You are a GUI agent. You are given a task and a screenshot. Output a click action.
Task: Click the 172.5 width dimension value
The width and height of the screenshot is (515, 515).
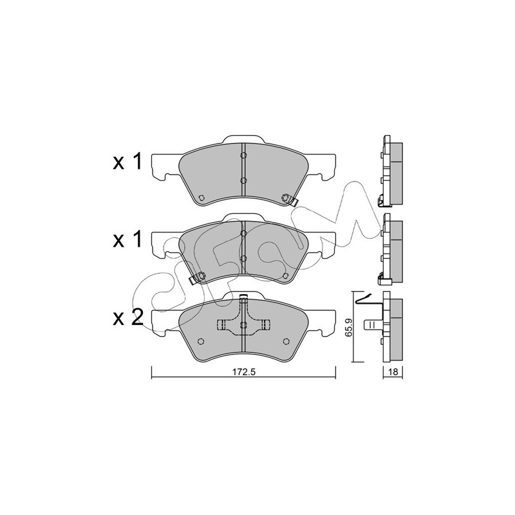click(244, 372)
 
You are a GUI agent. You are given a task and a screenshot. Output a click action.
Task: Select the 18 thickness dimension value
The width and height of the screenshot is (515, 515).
click(393, 372)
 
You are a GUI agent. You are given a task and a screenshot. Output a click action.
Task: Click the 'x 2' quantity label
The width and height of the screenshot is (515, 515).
click(128, 318)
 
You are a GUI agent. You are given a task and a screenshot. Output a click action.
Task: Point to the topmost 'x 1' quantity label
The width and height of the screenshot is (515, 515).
click(127, 162)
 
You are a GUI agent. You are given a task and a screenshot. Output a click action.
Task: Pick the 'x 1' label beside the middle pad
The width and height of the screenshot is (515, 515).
click(127, 239)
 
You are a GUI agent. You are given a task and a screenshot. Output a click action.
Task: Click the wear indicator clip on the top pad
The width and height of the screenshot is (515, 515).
click(290, 199)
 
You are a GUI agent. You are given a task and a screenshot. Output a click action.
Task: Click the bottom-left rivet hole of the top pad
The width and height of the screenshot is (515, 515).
click(201, 198)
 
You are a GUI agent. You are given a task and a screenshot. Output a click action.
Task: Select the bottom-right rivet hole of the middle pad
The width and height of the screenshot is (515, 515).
click(285, 276)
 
